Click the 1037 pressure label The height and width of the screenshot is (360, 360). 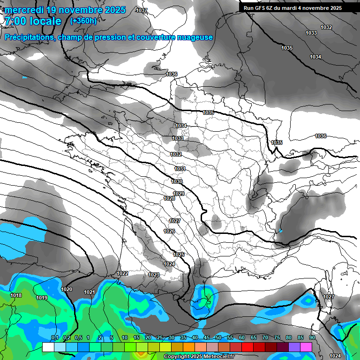[141, 10]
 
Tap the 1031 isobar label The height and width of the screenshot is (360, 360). [180, 169]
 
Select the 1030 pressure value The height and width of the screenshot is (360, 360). [177, 181]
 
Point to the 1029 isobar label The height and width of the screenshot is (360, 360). [179, 194]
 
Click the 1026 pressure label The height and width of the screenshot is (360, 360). [169, 232]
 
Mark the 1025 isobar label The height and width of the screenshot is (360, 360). [178, 254]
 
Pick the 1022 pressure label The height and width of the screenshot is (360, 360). [122, 273]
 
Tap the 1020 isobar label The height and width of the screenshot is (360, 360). [67, 289]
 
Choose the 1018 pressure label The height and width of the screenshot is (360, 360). [16, 295]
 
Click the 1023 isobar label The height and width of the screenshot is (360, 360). [153, 275]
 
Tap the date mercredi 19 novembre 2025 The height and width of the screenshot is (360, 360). [65, 10]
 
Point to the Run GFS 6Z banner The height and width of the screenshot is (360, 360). [293, 8]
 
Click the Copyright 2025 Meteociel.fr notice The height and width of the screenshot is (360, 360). [199, 356]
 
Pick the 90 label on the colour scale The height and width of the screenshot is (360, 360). [312, 338]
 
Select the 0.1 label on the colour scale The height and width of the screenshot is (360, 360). [54, 338]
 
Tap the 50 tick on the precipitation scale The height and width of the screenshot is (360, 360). [218, 338]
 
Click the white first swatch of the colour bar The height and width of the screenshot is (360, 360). [48, 347]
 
